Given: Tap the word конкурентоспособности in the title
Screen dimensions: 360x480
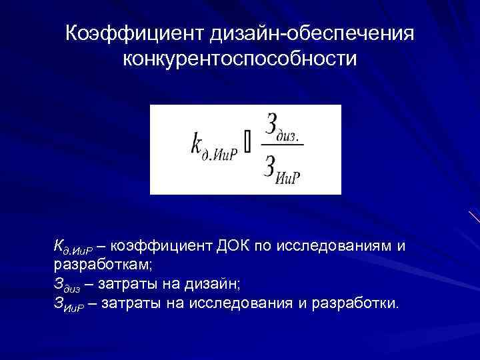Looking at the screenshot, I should pyautogui.click(x=240, y=59).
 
